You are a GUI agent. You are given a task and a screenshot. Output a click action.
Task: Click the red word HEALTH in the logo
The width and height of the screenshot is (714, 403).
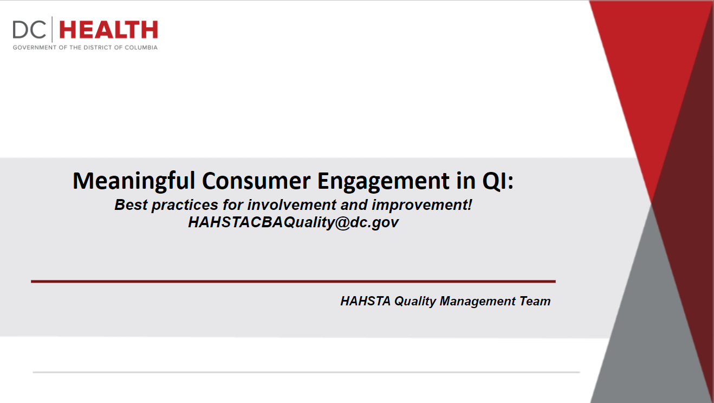108,30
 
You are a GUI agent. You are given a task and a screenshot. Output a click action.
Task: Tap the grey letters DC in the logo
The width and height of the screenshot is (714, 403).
29,30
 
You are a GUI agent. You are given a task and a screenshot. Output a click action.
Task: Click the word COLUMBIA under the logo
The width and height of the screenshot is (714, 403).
141,48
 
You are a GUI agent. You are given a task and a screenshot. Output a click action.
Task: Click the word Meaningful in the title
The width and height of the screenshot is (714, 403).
134,182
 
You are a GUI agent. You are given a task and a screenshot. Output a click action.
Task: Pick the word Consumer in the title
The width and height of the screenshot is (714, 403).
256,181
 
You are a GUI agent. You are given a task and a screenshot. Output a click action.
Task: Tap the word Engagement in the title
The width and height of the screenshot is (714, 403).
384,182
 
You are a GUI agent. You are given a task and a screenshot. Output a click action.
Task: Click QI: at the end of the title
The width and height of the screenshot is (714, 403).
498,181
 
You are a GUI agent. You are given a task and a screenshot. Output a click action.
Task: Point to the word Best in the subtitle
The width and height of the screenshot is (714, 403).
131,205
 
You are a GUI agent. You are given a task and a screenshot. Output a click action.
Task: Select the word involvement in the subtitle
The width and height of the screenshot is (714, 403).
291,205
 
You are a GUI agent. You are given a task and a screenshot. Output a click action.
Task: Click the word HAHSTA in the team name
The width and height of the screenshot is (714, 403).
365,301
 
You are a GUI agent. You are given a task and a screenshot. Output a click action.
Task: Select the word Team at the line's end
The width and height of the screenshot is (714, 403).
535,301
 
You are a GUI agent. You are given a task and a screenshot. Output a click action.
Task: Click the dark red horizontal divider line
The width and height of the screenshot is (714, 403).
293,282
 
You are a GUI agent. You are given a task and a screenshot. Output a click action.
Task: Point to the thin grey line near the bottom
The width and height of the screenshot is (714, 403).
306,372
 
